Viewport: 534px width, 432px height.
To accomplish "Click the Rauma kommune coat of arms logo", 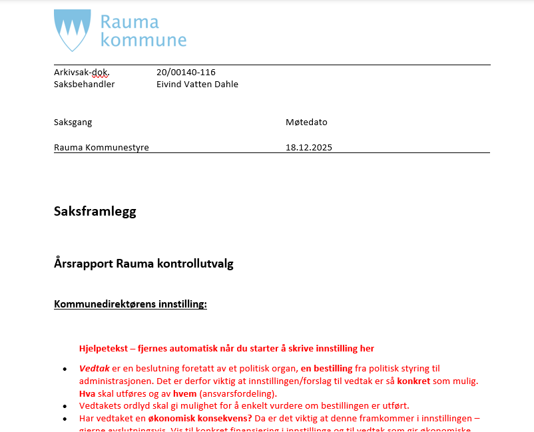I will [72, 31].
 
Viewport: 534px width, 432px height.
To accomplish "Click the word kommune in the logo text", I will [143, 40].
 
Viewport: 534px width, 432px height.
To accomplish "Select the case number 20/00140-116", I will [186, 72].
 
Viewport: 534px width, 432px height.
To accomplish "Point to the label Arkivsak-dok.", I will [81, 72].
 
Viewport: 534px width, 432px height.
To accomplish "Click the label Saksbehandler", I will [84, 84].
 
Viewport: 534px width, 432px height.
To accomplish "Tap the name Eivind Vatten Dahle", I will [197, 84].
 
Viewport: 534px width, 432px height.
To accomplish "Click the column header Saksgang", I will [73, 122].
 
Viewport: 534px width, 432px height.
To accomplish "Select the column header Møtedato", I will [306, 122].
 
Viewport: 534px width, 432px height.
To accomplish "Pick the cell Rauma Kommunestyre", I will [101, 147].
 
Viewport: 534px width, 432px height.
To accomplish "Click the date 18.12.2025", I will [308, 147].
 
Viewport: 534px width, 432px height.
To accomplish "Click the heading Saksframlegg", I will [95, 212].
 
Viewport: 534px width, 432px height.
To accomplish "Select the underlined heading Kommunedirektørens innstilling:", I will [130, 304].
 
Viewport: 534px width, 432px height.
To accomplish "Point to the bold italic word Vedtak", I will [95, 368].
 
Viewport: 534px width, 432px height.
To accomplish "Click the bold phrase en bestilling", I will [326, 368].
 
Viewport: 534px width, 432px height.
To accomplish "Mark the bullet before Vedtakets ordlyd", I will [65, 406].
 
